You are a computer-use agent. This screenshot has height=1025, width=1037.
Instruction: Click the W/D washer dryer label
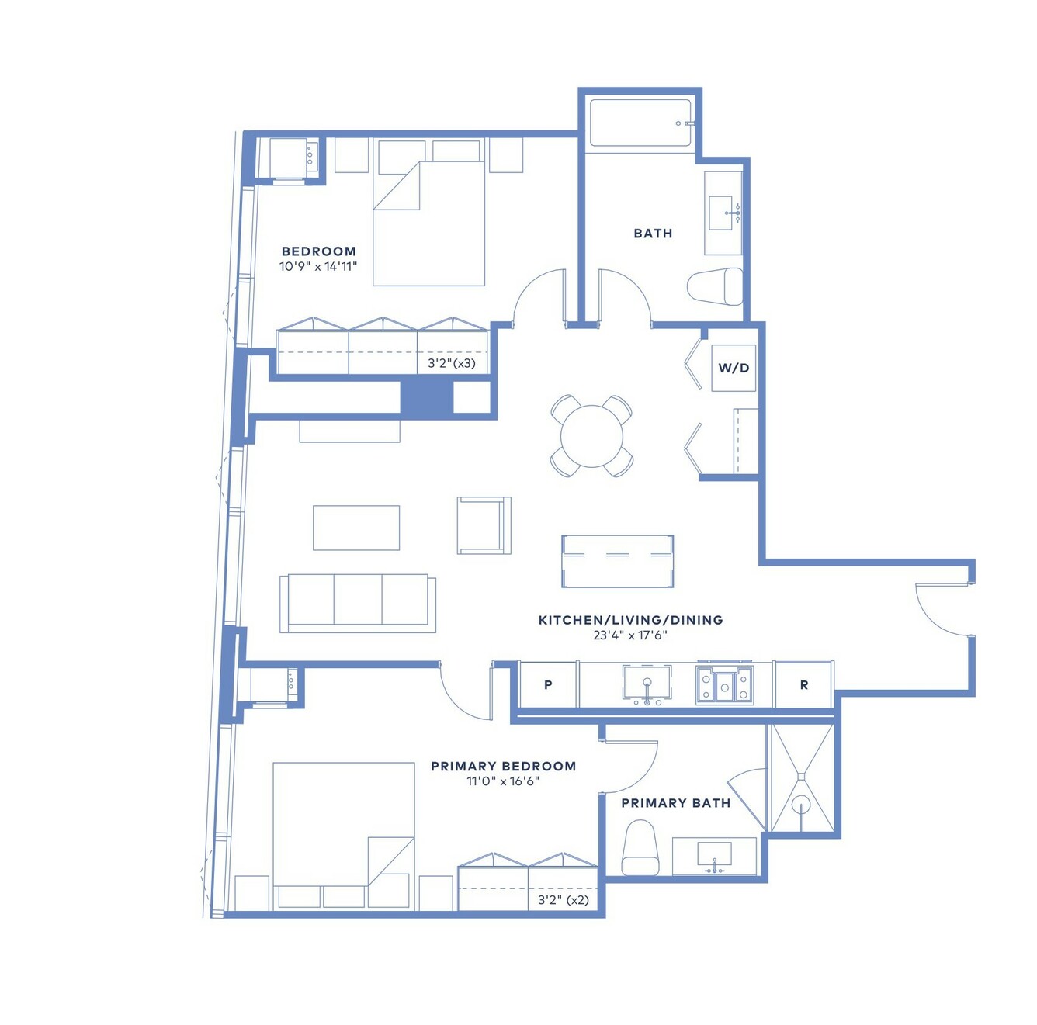[x=733, y=368]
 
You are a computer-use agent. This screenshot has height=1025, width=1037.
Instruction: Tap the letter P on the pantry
[x=547, y=685]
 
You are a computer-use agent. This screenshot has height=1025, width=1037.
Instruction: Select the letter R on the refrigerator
[x=803, y=685]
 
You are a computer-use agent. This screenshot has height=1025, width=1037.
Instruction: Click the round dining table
[x=591, y=436]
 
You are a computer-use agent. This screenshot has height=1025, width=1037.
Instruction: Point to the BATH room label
[x=652, y=233]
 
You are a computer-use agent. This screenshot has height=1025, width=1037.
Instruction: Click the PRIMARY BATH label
[x=675, y=803]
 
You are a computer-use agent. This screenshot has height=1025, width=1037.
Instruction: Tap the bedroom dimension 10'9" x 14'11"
[x=318, y=266]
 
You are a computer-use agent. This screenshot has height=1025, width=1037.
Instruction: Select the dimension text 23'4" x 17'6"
[x=629, y=635]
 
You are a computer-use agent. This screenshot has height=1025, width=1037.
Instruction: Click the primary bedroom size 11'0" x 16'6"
[x=503, y=781]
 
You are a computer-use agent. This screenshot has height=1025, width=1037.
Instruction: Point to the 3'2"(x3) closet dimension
[x=452, y=363]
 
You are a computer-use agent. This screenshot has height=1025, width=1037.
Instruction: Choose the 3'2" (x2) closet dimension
[x=564, y=899]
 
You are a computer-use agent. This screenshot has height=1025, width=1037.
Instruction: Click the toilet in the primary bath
[x=640, y=847]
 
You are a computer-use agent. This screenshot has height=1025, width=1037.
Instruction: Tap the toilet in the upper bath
[x=715, y=286]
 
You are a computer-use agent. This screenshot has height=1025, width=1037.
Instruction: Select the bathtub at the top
[x=640, y=123]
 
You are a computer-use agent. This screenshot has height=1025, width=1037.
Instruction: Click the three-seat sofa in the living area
[x=357, y=603]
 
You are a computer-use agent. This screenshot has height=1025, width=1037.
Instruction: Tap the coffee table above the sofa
[x=355, y=528]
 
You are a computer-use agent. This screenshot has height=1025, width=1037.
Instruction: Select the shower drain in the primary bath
[x=801, y=806]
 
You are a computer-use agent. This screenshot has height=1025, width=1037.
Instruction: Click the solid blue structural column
[x=427, y=397]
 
